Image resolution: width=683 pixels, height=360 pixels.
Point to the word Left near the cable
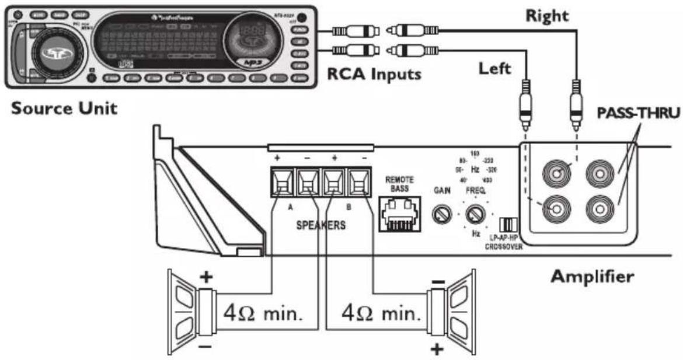click(x=495, y=68)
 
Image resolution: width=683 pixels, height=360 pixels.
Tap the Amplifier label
click(x=591, y=276)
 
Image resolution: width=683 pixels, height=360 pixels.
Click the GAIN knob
click(x=440, y=215)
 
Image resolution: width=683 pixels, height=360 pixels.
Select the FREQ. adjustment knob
click(x=475, y=215)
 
